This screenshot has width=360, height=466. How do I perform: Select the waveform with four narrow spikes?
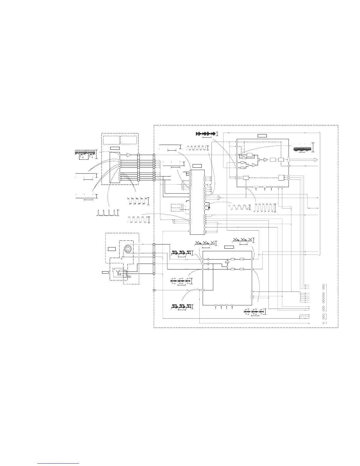107,212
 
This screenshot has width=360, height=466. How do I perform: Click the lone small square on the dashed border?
154,290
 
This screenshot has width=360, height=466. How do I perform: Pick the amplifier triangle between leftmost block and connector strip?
128,155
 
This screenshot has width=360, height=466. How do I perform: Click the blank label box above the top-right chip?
262,136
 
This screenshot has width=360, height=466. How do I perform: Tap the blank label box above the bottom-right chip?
229,247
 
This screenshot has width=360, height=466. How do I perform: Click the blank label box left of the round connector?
112,249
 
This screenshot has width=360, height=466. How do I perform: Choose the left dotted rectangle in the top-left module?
111,140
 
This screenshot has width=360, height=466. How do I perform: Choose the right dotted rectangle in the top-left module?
129,140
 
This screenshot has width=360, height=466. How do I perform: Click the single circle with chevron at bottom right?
324,323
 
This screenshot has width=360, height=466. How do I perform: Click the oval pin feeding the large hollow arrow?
289,159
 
